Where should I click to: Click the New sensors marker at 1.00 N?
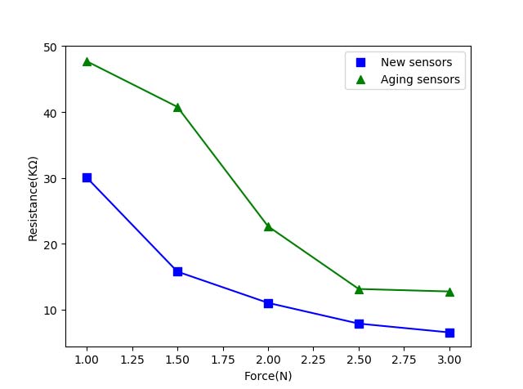pyautogui.click(x=87, y=177)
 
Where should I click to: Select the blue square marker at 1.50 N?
pyautogui.click(x=177, y=271)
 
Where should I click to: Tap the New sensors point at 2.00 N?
pyautogui.click(x=268, y=303)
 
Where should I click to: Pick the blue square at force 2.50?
pyautogui.click(x=359, y=324)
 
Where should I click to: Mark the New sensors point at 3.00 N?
pyautogui.click(x=449, y=333)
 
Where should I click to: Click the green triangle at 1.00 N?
pyautogui.click(x=87, y=61)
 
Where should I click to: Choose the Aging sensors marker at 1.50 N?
pyautogui.click(x=177, y=107)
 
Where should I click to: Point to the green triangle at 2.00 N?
pyautogui.click(x=268, y=226)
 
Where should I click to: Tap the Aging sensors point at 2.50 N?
pyautogui.click(x=359, y=289)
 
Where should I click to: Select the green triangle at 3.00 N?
pyautogui.click(x=449, y=292)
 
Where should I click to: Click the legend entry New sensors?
pyautogui.click(x=416, y=62)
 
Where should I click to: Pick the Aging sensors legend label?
pyautogui.click(x=420, y=80)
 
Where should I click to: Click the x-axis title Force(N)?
pyautogui.click(x=268, y=376)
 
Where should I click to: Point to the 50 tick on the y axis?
pyautogui.click(x=51, y=47)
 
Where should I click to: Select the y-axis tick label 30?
pyautogui.click(x=51, y=178)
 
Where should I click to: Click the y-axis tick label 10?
pyautogui.click(x=51, y=311)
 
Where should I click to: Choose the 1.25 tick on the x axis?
pyautogui.click(x=132, y=359)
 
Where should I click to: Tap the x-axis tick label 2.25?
pyautogui.click(x=313, y=359)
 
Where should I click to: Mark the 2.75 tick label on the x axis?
pyautogui.click(x=404, y=359)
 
